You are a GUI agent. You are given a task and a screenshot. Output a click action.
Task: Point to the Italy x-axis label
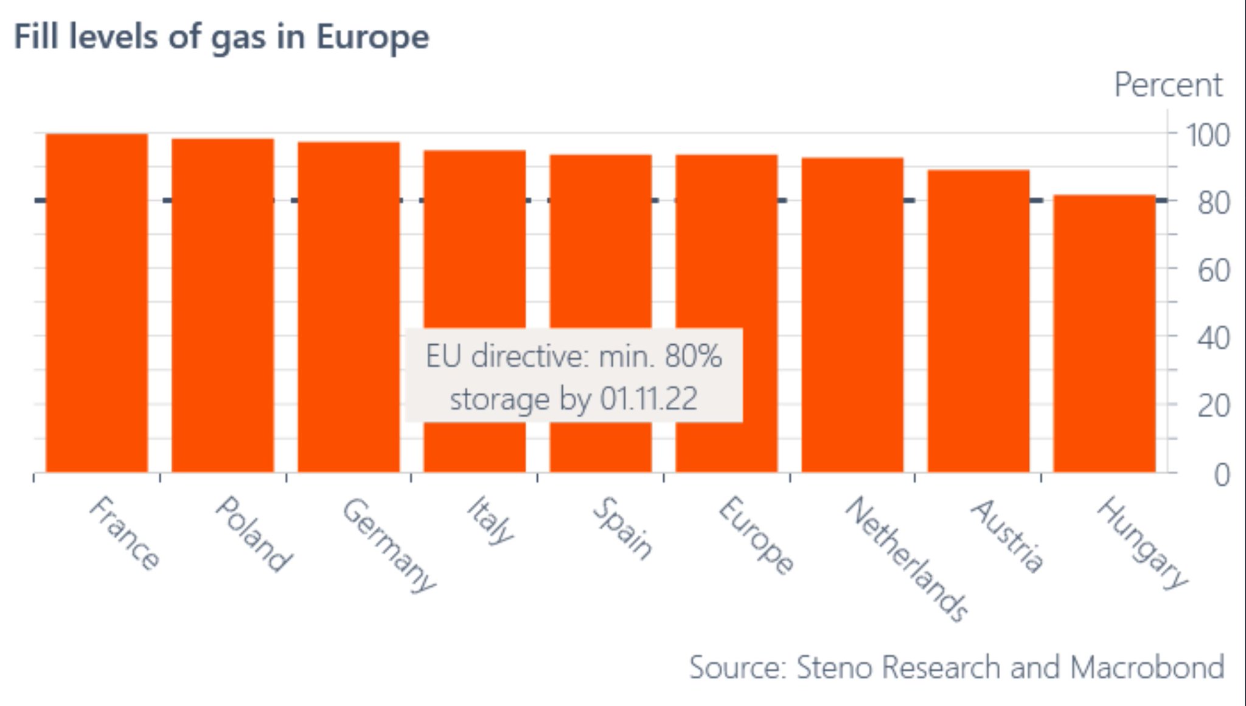490,521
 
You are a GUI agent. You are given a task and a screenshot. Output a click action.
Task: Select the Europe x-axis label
756,535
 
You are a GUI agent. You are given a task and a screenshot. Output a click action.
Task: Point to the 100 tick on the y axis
1208,135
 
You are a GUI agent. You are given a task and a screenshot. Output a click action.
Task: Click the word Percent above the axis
1168,85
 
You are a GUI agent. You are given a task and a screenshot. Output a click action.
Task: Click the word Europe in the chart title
372,38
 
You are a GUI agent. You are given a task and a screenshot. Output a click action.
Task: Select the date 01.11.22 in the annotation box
649,400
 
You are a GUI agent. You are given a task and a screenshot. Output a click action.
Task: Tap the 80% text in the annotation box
693,356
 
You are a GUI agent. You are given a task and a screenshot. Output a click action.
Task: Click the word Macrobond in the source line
1147,668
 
